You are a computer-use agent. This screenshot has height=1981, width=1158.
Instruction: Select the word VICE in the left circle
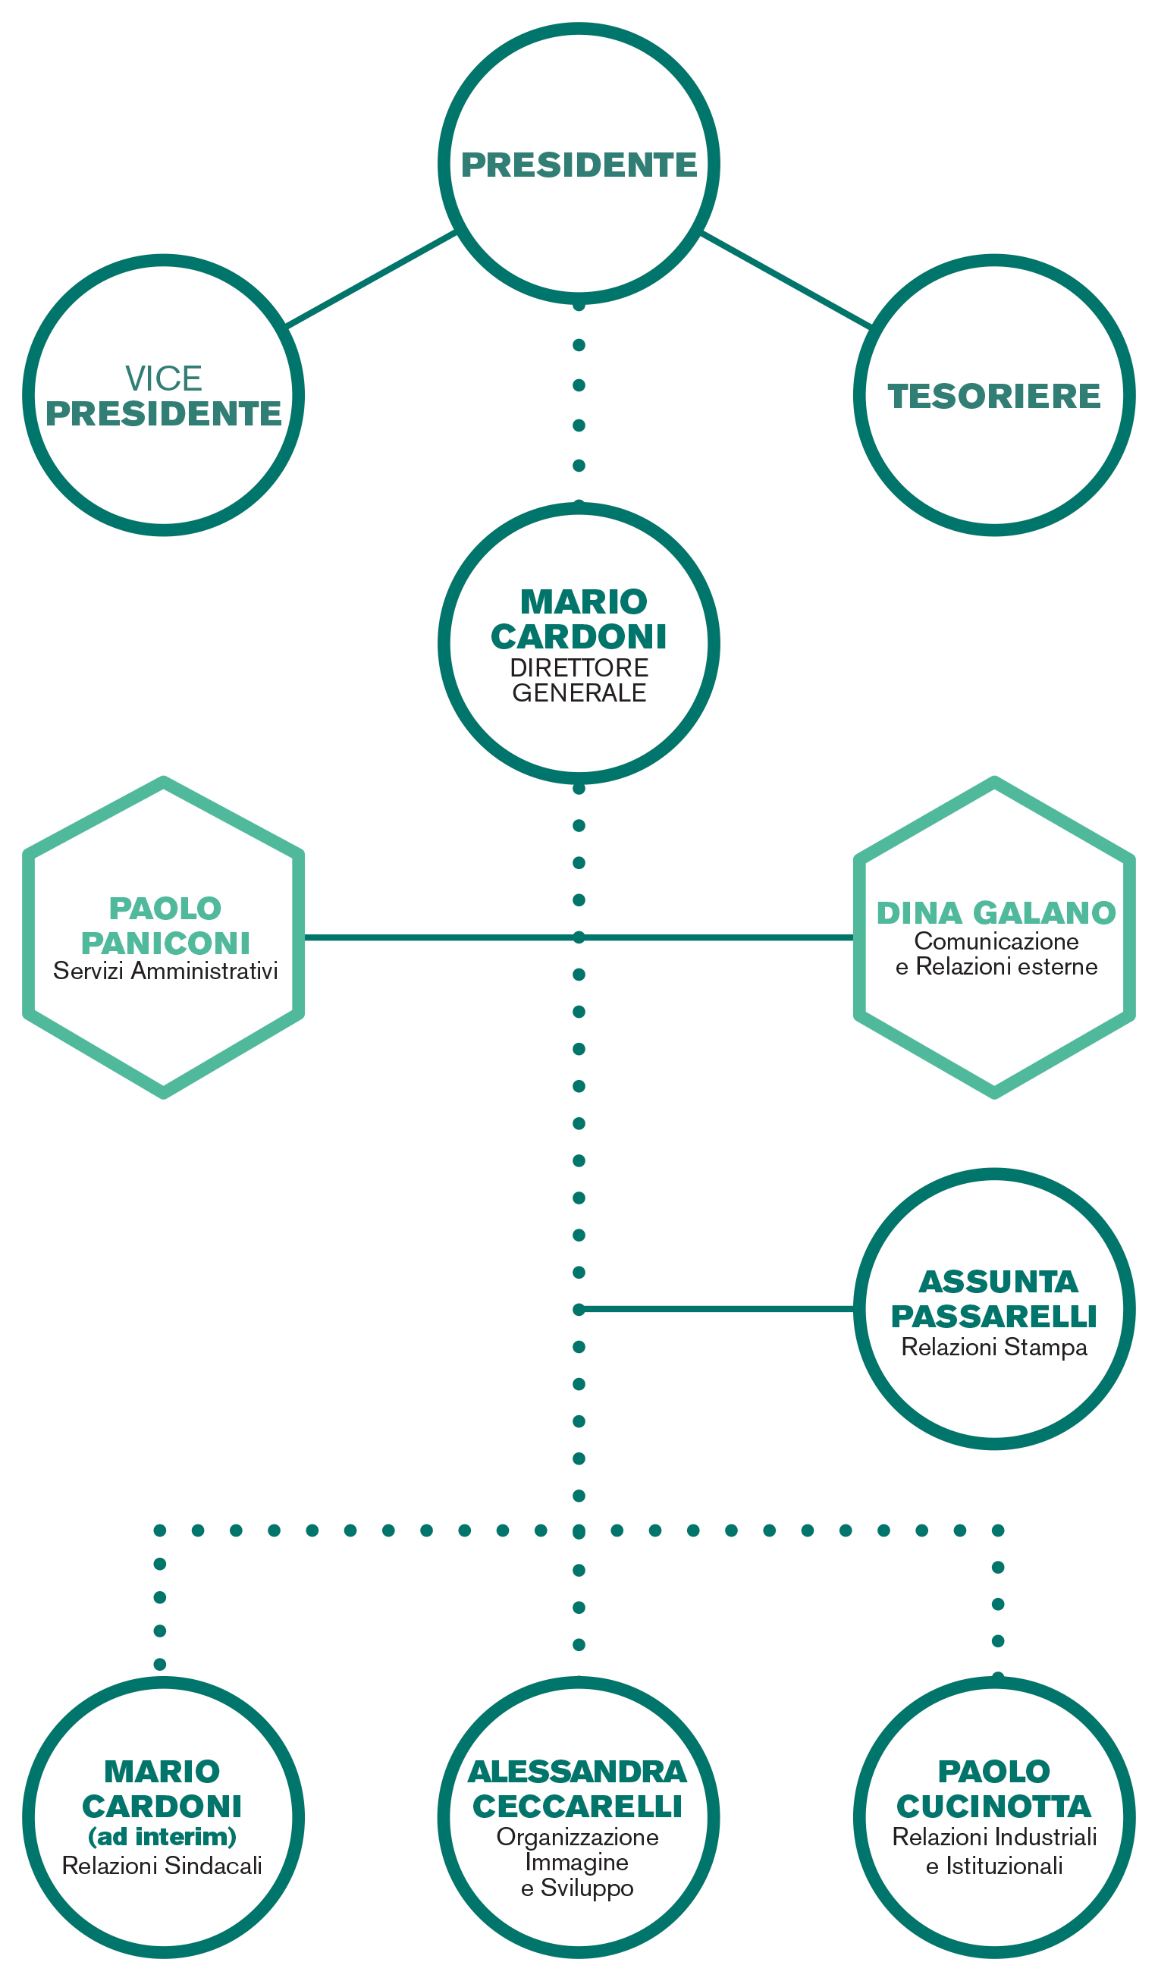coord(164,379)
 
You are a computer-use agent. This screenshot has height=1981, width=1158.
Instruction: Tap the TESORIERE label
coord(994,396)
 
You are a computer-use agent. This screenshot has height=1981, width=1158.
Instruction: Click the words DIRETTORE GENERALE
coord(579,680)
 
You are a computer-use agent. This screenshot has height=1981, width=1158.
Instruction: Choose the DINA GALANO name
coord(996,913)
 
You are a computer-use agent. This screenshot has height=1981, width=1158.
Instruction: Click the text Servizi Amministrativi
coord(165,972)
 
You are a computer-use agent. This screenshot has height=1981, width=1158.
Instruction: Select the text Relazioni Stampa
coord(994,1348)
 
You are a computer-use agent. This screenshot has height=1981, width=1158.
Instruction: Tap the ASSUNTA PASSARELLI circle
coord(994,1176)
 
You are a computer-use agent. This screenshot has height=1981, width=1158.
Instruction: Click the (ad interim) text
coord(162,1836)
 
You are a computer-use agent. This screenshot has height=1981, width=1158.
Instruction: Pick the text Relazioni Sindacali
coord(162,1866)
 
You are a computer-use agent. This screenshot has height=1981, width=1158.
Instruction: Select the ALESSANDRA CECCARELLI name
coord(578,1789)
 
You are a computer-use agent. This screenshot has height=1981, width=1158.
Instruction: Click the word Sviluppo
coord(587,1889)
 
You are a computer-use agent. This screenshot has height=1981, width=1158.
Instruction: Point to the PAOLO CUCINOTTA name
coord(994,1789)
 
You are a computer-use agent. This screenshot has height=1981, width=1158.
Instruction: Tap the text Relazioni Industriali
coord(994,1838)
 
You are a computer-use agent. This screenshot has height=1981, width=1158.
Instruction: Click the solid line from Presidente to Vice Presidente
coord(371,279)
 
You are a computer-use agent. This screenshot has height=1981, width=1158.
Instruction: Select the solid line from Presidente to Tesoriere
coord(786,280)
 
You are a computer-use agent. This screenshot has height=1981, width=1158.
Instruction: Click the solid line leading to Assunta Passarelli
coord(716,1310)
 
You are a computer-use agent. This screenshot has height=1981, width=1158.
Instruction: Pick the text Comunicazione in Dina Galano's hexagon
coord(996,941)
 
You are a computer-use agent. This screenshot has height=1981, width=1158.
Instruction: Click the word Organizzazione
coord(578,1837)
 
